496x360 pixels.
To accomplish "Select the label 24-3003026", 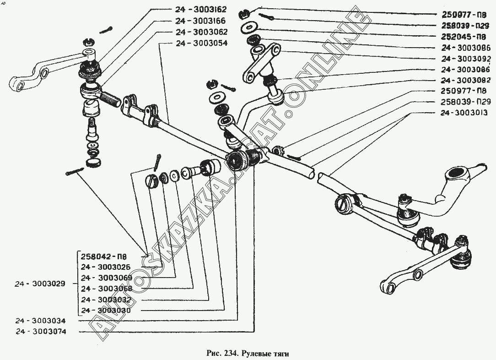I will (106, 267).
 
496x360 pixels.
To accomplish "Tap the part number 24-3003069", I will (106, 278).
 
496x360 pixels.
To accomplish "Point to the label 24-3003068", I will (106, 289).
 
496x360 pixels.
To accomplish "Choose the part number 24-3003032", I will (106, 300).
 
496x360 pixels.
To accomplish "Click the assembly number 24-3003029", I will (40, 284).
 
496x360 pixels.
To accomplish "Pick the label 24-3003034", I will (40, 321).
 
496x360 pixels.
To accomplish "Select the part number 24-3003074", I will (40, 332).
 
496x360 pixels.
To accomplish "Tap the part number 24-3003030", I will (106, 311).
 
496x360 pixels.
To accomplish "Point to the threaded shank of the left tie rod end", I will (108, 98).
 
